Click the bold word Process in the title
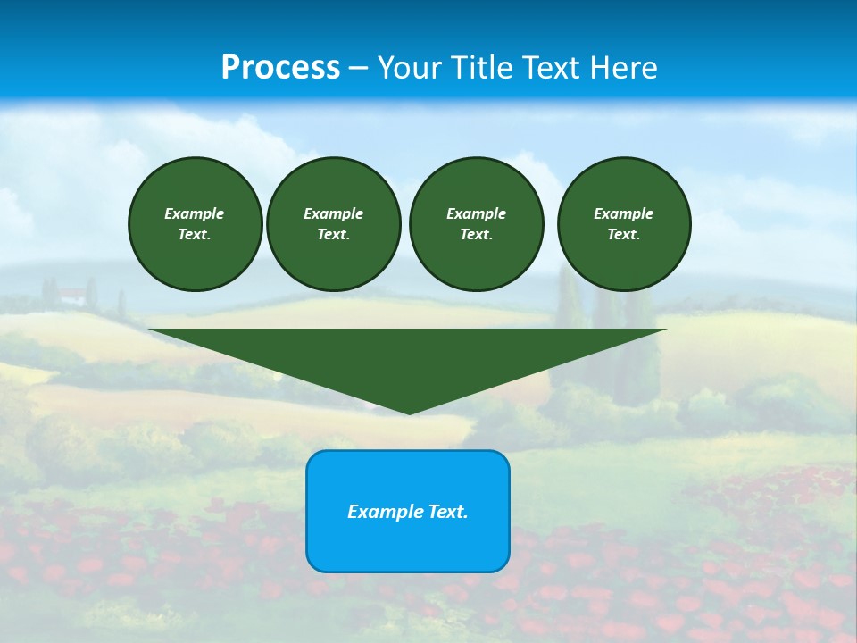[x=280, y=68]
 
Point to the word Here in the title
[x=623, y=68]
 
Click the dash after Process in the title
[x=358, y=69]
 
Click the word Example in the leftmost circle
[x=195, y=213]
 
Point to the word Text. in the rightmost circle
[x=623, y=234]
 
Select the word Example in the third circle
[x=476, y=213]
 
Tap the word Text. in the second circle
[x=333, y=234]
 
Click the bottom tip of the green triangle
[x=409, y=412]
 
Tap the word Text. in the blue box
[x=448, y=512]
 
